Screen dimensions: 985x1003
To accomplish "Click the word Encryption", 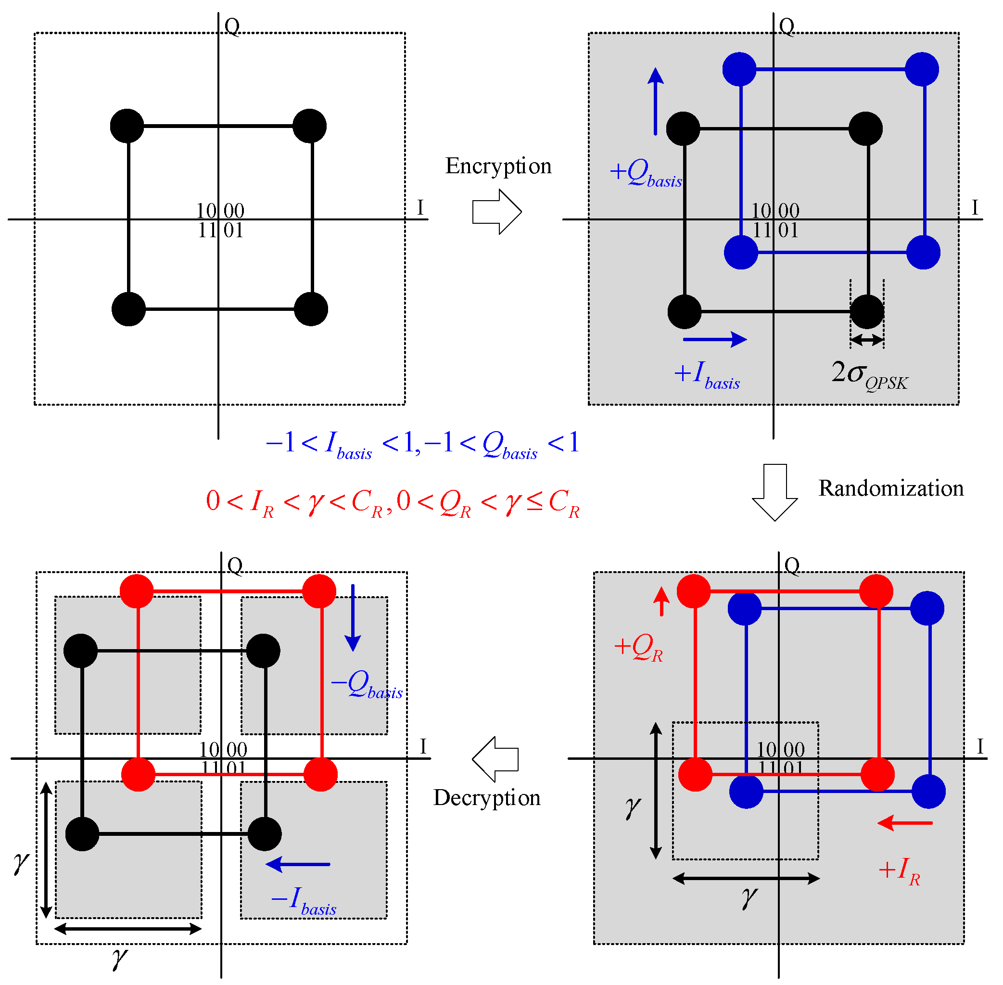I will point(498,166).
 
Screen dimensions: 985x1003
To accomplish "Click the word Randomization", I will point(891,489).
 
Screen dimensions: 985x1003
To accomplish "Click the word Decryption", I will point(487,798).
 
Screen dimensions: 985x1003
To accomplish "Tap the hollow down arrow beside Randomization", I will point(774,491).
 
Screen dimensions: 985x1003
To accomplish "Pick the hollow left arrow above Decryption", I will point(495,759).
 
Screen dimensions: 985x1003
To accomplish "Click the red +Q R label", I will point(638,648).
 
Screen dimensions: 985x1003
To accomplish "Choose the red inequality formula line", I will point(393,503).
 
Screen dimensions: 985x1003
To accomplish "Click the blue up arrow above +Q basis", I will point(655,101).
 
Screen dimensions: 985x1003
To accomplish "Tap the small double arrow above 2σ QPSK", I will point(866,340).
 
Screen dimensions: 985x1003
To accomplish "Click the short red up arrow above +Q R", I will point(661,601).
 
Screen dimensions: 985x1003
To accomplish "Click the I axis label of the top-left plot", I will point(420,208).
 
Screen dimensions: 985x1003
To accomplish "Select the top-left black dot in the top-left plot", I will point(127,126).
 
